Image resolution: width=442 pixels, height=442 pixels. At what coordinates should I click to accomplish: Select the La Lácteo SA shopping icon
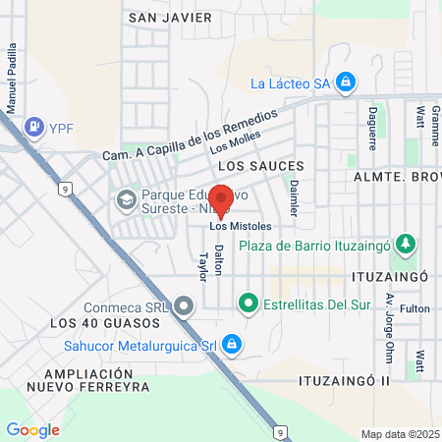point(345,83)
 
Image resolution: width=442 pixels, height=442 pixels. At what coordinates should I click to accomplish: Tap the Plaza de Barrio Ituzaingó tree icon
point(403,245)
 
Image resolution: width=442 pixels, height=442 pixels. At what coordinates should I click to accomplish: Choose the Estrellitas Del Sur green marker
point(249,304)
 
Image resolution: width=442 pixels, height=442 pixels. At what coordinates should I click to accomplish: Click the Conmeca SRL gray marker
point(184,306)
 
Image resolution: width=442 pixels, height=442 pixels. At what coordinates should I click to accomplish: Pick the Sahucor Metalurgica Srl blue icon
point(232,344)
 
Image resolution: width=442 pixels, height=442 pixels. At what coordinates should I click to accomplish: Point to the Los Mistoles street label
point(240,227)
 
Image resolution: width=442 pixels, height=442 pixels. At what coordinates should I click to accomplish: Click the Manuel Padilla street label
point(13,79)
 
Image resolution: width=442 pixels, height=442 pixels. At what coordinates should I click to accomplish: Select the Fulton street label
point(414,308)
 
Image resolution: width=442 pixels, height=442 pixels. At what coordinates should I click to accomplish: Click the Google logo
point(32,429)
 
